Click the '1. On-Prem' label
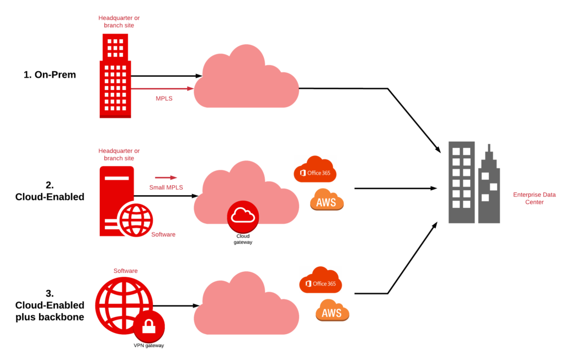coord(50,75)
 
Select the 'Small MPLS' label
coord(166,187)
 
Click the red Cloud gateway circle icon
coord(243,216)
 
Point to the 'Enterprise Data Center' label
coord(534,198)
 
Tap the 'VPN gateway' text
coord(149,346)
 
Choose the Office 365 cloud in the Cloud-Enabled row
coord(315,170)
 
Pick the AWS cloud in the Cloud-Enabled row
coord(327,201)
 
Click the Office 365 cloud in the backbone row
coord(321,281)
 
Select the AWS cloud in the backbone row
coord(332,311)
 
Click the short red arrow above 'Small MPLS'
coord(166,178)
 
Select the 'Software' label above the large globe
coord(125,271)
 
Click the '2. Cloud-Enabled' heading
coord(50,191)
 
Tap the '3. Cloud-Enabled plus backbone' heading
coord(50,305)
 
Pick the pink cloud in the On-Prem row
coord(246,78)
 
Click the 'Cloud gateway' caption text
coord(243,239)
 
